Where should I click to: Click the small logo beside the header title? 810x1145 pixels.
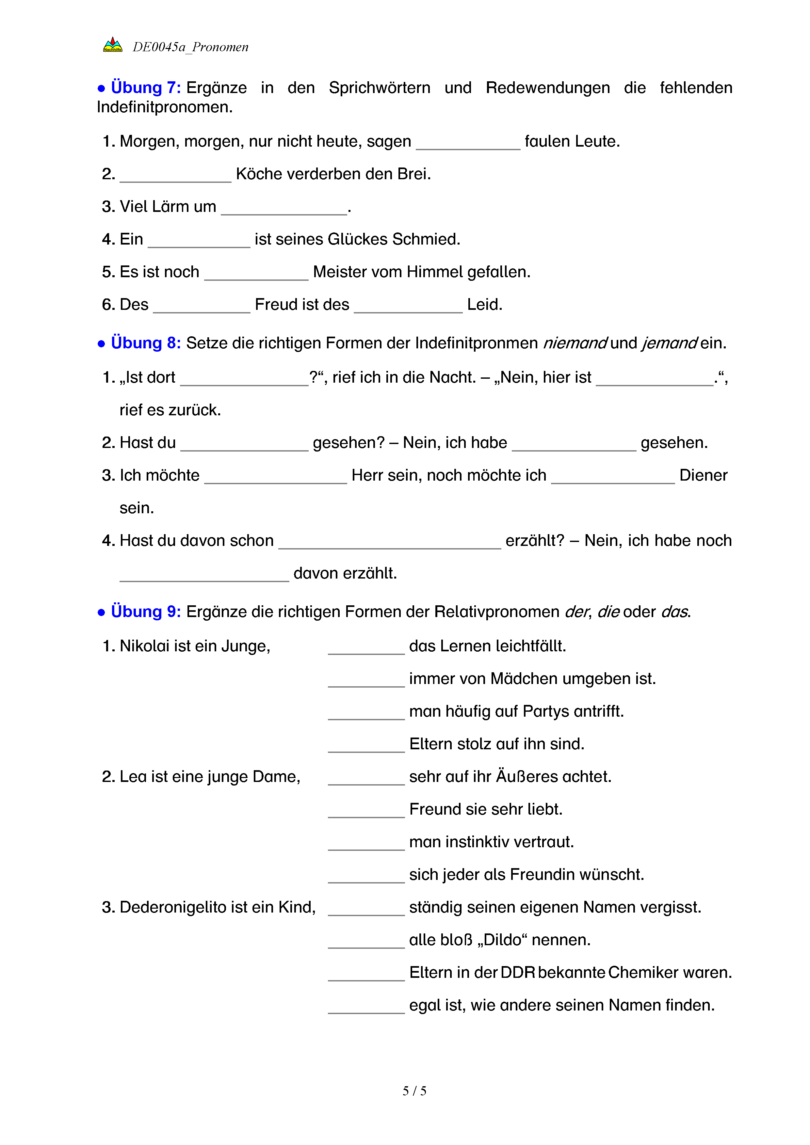[x=113, y=45]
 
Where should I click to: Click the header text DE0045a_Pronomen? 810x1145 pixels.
[x=190, y=47]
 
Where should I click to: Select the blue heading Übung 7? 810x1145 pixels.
[x=146, y=88]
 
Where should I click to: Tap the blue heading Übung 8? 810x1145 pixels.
[x=146, y=343]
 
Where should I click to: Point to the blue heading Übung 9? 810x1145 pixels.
[x=146, y=612]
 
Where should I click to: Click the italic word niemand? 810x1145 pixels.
[x=575, y=343]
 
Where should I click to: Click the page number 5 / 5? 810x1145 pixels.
[x=414, y=1091]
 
